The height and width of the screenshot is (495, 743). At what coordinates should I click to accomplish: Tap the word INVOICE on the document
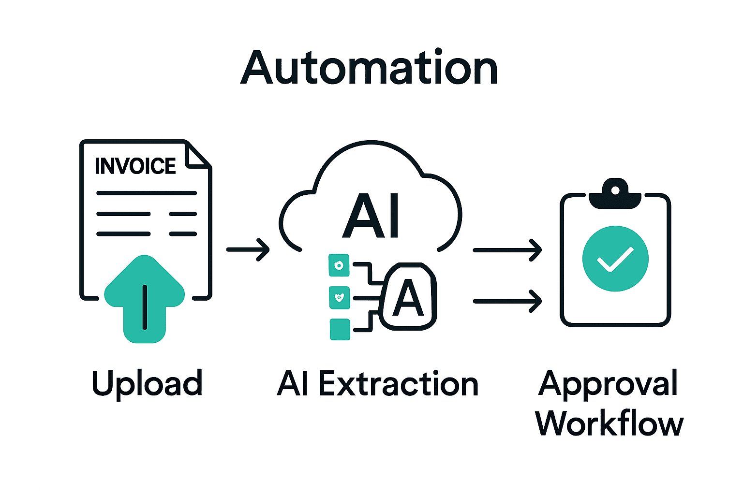click(135, 166)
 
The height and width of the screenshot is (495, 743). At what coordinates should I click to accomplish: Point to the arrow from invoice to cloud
click(248, 249)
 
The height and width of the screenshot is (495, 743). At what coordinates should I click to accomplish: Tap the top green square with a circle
click(339, 265)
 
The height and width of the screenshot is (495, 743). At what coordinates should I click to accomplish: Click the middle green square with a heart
click(339, 297)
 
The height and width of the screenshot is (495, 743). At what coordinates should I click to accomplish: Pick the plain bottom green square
click(340, 329)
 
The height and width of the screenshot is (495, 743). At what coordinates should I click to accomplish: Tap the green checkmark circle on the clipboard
click(615, 259)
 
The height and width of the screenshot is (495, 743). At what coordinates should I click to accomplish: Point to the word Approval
click(608, 384)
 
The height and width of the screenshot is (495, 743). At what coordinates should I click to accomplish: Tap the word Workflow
click(609, 423)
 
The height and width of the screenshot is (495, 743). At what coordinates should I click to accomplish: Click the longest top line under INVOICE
click(146, 193)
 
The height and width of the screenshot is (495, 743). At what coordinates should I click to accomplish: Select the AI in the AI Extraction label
click(292, 384)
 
